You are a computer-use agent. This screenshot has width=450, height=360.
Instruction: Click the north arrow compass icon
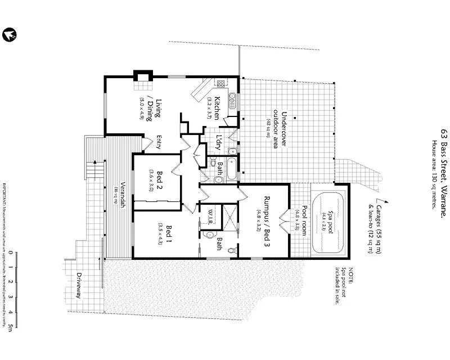pos(9,35)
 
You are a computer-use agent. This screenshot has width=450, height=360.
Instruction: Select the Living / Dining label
pos(162,110)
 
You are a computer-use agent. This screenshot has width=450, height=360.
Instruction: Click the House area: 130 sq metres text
pos(434,174)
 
